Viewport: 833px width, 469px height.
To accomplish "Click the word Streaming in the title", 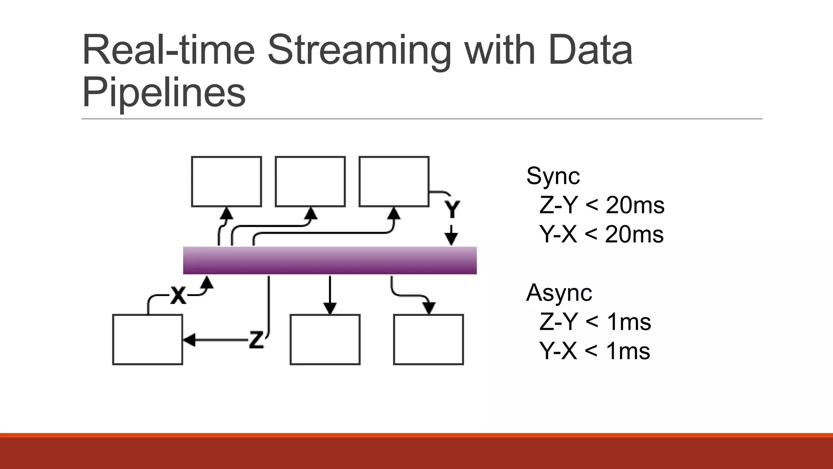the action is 359,50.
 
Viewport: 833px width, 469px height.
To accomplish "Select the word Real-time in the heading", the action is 168,50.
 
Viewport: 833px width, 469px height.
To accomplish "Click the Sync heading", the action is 553,176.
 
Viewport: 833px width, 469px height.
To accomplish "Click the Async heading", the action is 559,292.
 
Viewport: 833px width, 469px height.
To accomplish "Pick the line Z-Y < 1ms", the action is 595,322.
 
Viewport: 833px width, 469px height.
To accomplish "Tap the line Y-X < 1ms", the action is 594,351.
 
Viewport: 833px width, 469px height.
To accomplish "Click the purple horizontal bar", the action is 329,261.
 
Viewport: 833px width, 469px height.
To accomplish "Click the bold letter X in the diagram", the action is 178,295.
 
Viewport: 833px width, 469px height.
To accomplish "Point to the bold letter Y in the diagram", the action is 452,209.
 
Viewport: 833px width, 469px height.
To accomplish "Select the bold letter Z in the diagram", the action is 256,340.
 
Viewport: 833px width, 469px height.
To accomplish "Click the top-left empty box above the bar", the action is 226,182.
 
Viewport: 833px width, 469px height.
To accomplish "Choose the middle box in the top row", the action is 310,182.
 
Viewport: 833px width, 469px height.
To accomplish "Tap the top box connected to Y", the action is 394,182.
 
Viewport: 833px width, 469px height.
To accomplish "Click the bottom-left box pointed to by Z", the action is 147,340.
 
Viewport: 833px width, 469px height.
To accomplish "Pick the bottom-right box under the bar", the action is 428,340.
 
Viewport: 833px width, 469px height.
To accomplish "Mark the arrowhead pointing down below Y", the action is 451,239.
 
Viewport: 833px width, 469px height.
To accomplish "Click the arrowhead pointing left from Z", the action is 189,340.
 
